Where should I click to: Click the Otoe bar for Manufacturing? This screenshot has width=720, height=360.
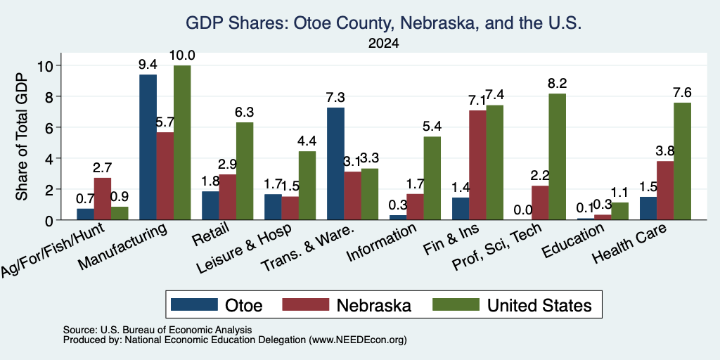[x=148, y=147]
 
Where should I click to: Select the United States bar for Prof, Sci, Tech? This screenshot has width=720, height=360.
[x=558, y=157]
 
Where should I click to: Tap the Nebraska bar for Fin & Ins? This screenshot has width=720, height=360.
[x=477, y=165]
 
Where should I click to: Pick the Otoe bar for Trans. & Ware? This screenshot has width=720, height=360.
[x=335, y=163]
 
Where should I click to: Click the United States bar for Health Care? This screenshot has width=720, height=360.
[x=682, y=161]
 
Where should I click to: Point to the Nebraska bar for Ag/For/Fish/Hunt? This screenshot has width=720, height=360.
[x=103, y=199]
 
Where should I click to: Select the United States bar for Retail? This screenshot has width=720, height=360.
[x=245, y=172]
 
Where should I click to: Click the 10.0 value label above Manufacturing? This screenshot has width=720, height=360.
[x=182, y=56]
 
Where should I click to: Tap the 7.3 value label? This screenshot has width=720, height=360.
[x=335, y=97]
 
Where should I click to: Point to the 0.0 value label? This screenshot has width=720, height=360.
[x=523, y=210]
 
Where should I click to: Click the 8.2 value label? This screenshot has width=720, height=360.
[x=558, y=83]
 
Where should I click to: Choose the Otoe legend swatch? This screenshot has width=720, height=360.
[x=194, y=304]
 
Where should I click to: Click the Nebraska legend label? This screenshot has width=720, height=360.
[x=374, y=305]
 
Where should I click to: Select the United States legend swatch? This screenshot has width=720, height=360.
[x=456, y=304]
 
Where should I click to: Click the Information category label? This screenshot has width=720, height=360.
[x=380, y=243]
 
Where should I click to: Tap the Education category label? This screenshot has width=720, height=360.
[x=572, y=240]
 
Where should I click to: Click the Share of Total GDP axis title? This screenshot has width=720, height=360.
[x=22, y=136]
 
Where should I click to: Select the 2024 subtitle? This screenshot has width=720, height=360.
[x=383, y=44]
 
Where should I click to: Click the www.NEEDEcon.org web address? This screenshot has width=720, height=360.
[x=358, y=340]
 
